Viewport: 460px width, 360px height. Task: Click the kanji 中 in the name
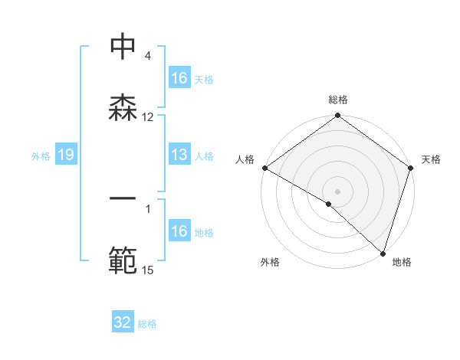point(123,47)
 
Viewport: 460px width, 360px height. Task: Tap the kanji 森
point(123,107)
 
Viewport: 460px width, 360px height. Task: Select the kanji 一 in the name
point(123,198)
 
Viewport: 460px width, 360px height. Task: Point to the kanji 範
point(123,260)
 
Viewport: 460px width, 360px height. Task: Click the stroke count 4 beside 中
point(148,56)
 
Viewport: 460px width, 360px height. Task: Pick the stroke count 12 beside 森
point(148,116)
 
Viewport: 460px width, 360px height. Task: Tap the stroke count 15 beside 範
point(148,269)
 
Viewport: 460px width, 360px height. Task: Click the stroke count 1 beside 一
point(148,207)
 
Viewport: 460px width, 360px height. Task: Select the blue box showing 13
point(179,155)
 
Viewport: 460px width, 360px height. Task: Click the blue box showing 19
point(66,155)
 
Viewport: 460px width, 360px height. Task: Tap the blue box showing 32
point(123,322)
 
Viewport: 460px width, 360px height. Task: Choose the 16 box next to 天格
point(179,78)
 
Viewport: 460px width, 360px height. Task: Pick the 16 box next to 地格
point(179,231)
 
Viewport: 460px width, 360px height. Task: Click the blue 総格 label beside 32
point(147,323)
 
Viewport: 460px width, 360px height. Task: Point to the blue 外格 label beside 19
point(41,155)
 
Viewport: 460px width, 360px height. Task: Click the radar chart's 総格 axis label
point(338,100)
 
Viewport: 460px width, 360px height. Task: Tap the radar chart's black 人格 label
point(245,159)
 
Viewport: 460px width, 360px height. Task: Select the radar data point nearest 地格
point(383,253)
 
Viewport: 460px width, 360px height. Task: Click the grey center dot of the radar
point(338,191)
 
